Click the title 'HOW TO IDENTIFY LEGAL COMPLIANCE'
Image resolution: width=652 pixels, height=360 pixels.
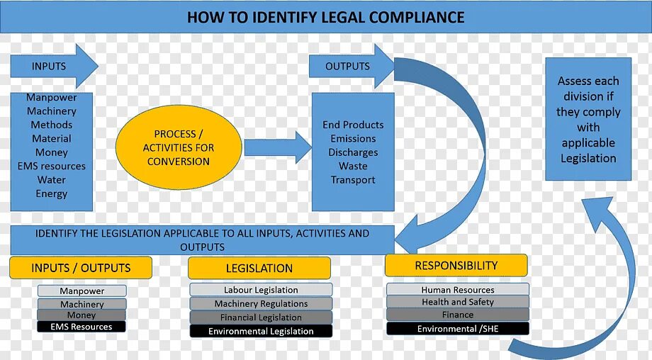[325, 17]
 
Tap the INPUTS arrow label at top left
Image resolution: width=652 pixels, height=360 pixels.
[49, 67]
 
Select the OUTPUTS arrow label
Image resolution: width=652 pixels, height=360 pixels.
[347, 67]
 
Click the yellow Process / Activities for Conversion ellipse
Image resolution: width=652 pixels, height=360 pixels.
[178, 147]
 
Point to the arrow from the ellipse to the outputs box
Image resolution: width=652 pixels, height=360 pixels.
[277, 147]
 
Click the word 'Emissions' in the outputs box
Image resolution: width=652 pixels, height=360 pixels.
[353, 139]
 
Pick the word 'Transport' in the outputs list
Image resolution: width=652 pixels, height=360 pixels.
[353, 180]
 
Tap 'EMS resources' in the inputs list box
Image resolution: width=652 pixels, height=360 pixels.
[52, 167]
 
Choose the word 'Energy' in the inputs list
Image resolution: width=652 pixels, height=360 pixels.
[52, 193]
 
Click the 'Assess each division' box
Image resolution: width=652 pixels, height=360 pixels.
[588, 119]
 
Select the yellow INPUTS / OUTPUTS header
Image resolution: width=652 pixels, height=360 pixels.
[81, 268]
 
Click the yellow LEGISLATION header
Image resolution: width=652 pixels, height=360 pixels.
[259, 269]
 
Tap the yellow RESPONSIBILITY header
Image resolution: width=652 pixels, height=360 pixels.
[456, 266]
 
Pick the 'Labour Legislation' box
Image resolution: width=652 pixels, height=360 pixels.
[261, 290]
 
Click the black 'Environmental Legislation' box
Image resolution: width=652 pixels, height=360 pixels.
[261, 331]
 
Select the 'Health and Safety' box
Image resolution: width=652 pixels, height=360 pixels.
[458, 302]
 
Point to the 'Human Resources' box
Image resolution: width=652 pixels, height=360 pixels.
[458, 290]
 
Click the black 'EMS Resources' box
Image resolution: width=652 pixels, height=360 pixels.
[81, 327]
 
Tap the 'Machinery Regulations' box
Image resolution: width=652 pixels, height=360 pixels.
[261, 304]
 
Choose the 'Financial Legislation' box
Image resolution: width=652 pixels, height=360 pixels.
[261, 317]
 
